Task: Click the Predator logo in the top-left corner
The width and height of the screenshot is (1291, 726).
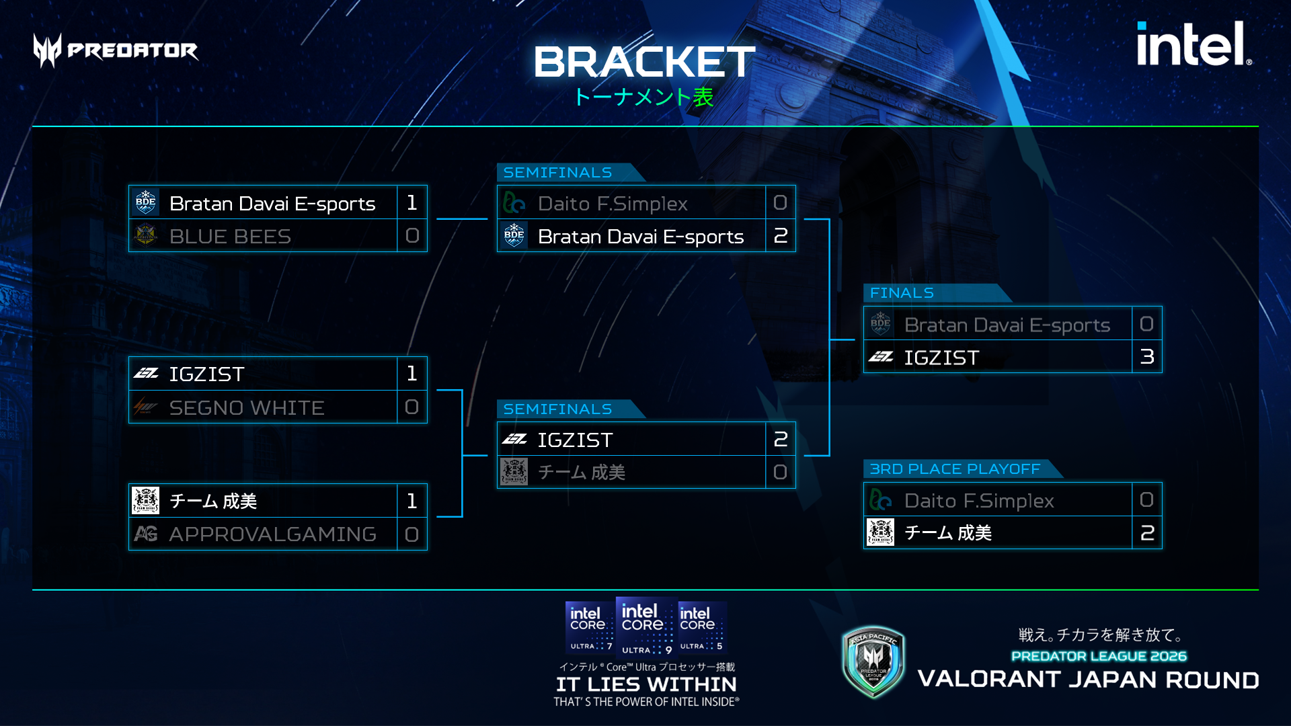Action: click(x=116, y=50)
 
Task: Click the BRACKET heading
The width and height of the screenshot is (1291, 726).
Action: click(x=644, y=62)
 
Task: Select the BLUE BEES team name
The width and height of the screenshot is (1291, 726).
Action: click(x=230, y=237)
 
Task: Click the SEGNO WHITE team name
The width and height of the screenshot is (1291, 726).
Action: click(x=247, y=407)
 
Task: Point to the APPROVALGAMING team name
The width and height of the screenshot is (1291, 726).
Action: click(x=272, y=534)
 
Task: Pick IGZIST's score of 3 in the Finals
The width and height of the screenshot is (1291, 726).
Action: click(x=1147, y=357)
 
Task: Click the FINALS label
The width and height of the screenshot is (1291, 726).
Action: click(x=902, y=293)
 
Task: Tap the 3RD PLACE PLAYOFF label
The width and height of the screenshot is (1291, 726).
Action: click(x=955, y=469)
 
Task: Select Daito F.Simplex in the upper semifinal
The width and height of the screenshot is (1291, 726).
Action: click(x=613, y=204)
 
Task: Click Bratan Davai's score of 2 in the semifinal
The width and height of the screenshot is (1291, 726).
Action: click(x=781, y=236)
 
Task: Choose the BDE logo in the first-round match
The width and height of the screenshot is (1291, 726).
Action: click(x=146, y=202)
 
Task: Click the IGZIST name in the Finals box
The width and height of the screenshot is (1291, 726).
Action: click(x=941, y=358)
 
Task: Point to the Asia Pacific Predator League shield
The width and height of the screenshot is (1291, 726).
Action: click(x=873, y=662)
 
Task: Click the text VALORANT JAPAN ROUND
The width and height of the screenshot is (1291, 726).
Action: click(x=1088, y=680)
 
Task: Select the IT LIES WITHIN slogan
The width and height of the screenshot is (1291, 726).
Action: click(x=646, y=684)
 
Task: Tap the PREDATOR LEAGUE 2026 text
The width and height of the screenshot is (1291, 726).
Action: click(x=1099, y=656)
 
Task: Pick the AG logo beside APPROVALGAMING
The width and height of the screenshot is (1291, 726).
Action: click(x=146, y=534)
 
